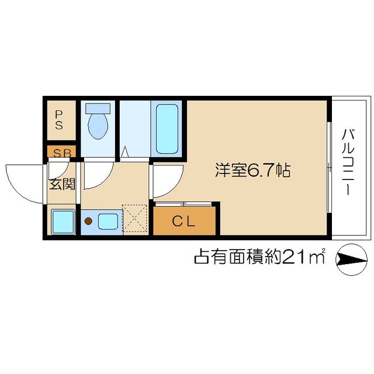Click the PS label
60,119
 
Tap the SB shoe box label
61,154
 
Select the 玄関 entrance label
62,185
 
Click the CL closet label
185,221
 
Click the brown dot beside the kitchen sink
89,221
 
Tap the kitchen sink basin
108,221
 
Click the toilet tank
98,109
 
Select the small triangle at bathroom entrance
124,153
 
